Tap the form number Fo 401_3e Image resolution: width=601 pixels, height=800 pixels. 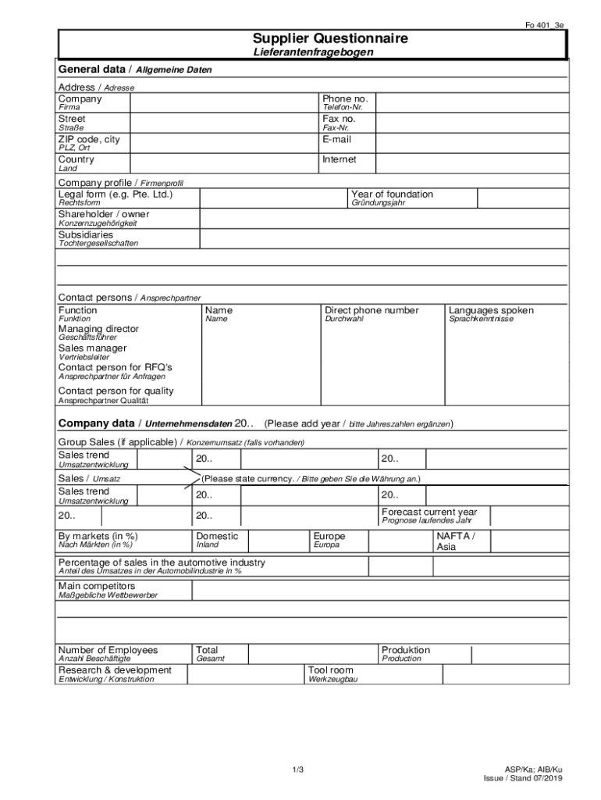(544, 25)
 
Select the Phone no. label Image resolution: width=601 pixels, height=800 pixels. (344, 99)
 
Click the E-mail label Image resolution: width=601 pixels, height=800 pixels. (336, 139)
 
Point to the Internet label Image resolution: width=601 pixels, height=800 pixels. (339, 159)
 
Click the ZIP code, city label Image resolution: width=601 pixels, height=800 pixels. (89, 139)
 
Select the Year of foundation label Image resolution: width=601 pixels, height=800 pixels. (392, 195)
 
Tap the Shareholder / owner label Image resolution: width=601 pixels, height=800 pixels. (103, 214)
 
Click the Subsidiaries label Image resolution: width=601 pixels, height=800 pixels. (85, 234)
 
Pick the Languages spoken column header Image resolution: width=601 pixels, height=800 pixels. (491, 310)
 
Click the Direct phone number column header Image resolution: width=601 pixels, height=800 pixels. (372, 310)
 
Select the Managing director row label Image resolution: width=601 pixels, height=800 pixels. (98, 329)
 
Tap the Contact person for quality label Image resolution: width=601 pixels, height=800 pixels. (116, 391)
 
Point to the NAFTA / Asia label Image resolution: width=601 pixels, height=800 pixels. (455, 541)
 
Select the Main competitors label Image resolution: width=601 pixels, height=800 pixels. (96, 586)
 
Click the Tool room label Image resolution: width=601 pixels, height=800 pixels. (330, 670)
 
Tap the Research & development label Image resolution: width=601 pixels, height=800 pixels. (115, 670)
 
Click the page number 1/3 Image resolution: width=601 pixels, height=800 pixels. (297, 770)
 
